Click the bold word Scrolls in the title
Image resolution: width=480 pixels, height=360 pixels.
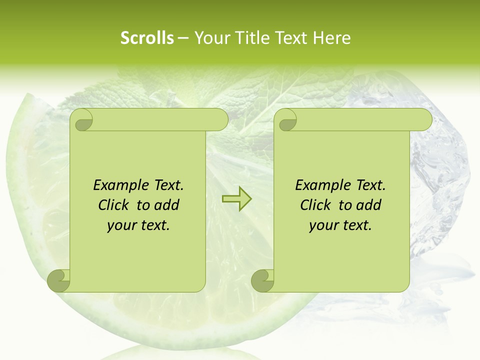(x=147, y=38)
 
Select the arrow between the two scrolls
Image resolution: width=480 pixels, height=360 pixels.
(x=236, y=199)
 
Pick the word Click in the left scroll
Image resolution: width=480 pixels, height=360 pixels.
(x=115, y=205)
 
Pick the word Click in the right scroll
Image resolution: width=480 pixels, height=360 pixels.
(x=317, y=205)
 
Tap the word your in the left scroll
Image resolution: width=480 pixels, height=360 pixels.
(x=120, y=225)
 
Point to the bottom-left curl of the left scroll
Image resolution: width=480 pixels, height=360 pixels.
(x=59, y=280)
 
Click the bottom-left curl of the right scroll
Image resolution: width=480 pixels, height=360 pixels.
(x=263, y=280)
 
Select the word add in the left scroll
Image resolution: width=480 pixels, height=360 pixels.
(x=166, y=205)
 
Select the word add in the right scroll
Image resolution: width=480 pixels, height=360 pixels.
(x=368, y=205)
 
